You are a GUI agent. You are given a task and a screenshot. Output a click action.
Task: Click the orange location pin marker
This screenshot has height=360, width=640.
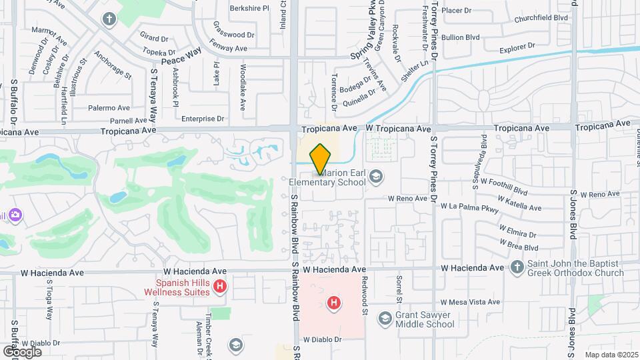tap(320, 157)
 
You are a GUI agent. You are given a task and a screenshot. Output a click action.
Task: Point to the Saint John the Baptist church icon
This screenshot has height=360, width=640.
tap(517, 267)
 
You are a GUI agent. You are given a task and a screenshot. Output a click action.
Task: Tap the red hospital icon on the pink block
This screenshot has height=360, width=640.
tap(333, 303)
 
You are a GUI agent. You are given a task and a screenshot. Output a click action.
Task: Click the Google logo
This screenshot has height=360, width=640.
tap(22, 351)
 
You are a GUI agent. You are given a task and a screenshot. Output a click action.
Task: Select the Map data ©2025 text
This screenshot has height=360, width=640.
tap(611, 355)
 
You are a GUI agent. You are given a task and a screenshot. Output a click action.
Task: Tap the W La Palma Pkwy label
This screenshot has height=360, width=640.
tap(469, 207)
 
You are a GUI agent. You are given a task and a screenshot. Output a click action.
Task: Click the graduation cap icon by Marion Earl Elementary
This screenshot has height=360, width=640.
tap(375, 176)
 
